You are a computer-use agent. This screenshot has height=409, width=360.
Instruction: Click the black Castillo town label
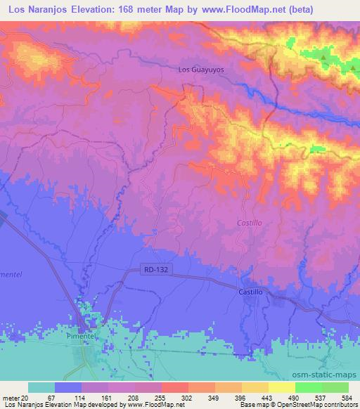(x=250, y=291)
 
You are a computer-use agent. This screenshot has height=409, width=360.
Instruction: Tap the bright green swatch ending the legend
(x=335, y=387)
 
